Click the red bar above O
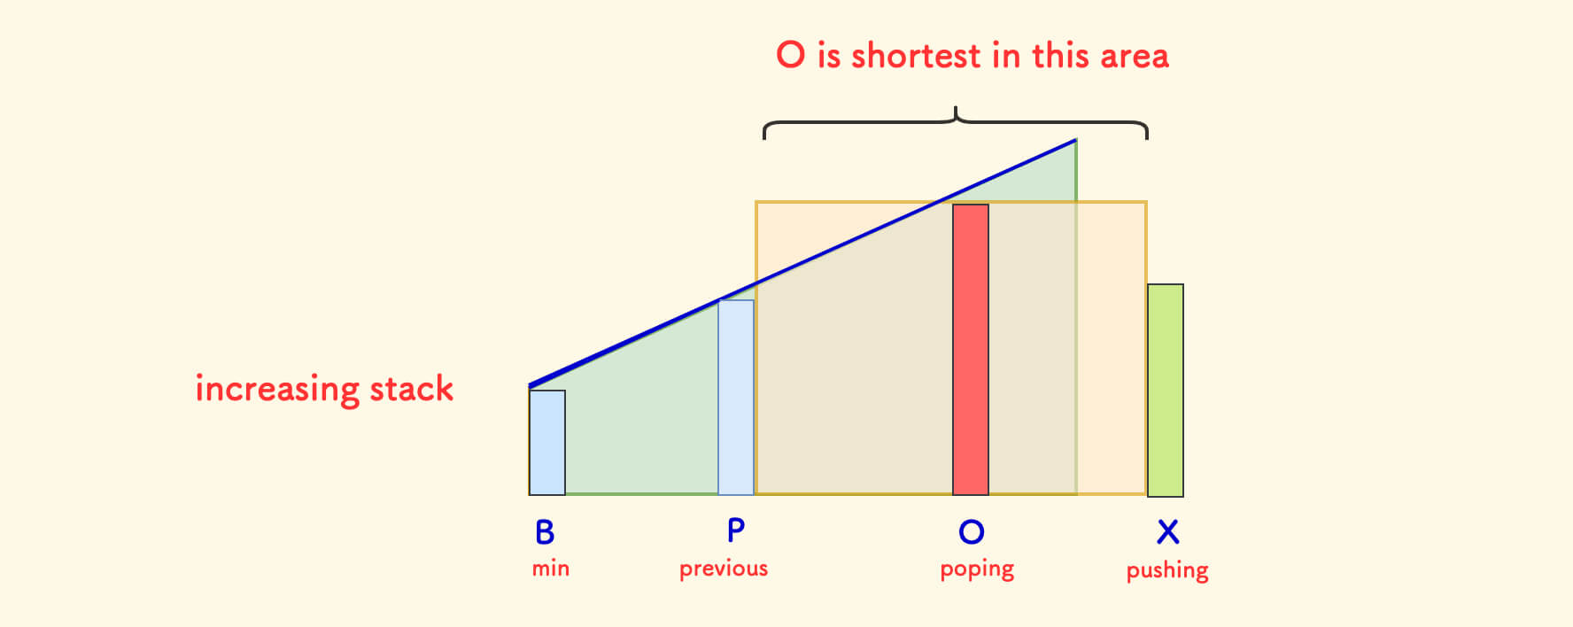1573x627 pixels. click(x=971, y=350)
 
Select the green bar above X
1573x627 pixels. click(x=1166, y=391)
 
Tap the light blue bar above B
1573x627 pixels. click(x=547, y=443)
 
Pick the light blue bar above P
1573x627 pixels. click(x=736, y=398)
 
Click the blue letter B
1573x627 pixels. click(x=545, y=532)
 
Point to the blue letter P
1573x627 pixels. click(x=736, y=530)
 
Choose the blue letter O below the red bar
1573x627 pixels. click(x=972, y=531)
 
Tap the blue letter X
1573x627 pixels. click(x=1168, y=532)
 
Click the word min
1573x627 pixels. click(x=551, y=569)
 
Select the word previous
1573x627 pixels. click(x=724, y=569)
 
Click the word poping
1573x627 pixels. click(x=977, y=569)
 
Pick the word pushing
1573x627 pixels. click(x=1167, y=570)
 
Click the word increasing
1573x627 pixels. click(x=276, y=390)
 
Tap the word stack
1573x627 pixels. click(x=412, y=389)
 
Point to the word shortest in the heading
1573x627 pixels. click(x=917, y=56)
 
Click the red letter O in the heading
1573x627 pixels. click(x=791, y=55)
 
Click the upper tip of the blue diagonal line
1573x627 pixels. click(x=1075, y=140)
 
